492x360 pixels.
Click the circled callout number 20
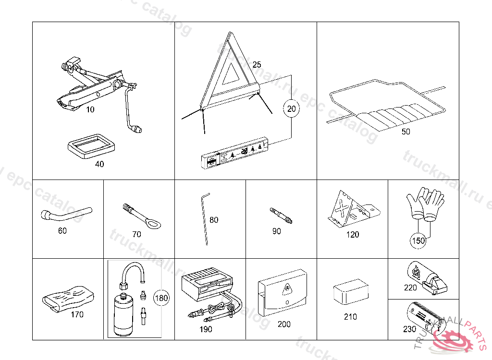291,109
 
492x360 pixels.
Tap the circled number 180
161,298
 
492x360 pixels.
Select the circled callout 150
418,240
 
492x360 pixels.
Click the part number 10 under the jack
90,109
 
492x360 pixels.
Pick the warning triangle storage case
234,154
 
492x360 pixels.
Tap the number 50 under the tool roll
406,132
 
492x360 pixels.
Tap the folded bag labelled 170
67,297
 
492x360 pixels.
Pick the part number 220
410,288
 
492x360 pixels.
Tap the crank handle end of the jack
138,128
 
